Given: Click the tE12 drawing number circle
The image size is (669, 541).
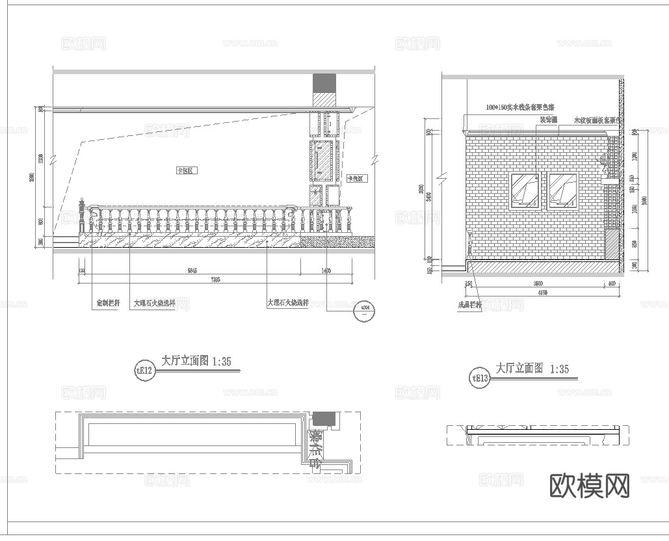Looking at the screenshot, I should click(144, 371).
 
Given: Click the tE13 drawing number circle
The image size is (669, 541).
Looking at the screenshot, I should click(480, 377).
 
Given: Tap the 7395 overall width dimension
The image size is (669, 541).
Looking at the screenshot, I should click(216, 280).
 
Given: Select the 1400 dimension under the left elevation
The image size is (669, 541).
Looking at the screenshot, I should click(326, 270).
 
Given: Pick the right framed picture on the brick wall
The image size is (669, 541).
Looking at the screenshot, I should click(563, 191).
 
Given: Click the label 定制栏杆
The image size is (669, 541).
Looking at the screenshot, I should click(107, 303).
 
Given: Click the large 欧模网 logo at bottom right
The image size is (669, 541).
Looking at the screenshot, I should click(590, 486).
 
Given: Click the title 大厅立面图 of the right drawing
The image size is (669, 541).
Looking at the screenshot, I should click(519, 368).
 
